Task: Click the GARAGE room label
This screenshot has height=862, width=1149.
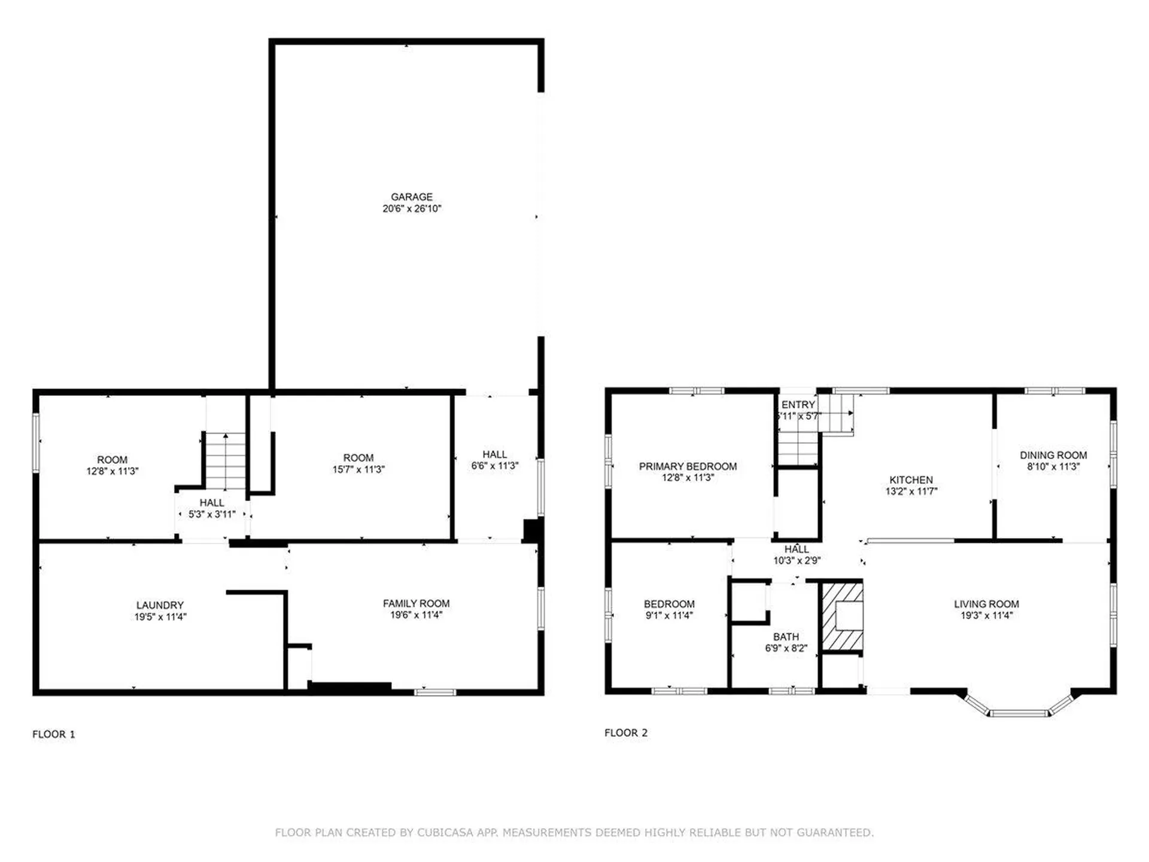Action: click(x=411, y=196)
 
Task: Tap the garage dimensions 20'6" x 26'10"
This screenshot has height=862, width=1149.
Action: click(x=411, y=208)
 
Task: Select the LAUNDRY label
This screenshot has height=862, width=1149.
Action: click(x=160, y=605)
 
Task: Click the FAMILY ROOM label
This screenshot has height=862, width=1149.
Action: click(x=416, y=603)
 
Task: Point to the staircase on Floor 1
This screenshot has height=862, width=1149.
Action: click(x=225, y=461)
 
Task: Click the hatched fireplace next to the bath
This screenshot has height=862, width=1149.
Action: click(x=841, y=617)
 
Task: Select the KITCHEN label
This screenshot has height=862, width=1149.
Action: click(x=911, y=479)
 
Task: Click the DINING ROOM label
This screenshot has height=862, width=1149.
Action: click(x=1053, y=455)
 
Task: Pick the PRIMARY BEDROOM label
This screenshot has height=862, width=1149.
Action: click(x=688, y=466)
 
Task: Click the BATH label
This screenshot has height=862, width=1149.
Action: click(x=785, y=637)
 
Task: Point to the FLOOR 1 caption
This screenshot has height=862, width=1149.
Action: click(x=54, y=734)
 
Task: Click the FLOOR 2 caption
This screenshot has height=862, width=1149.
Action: click(x=626, y=733)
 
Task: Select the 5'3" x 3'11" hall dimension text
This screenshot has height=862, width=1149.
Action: click(x=212, y=514)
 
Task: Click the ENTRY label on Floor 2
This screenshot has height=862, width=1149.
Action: click(x=798, y=405)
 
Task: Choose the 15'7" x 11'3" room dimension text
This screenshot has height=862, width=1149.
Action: click(x=358, y=469)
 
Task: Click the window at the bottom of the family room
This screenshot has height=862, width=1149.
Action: click(x=435, y=692)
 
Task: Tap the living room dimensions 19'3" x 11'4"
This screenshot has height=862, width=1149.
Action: click(x=986, y=615)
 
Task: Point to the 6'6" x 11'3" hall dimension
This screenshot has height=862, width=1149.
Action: click(x=494, y=466)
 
